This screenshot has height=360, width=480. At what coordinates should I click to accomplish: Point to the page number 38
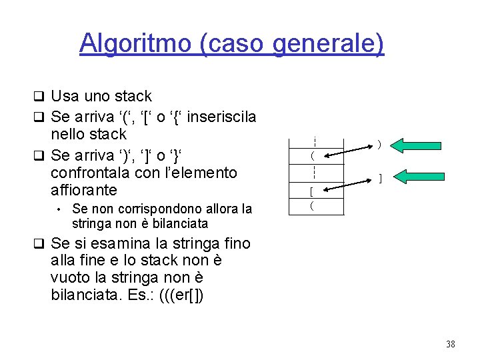450,343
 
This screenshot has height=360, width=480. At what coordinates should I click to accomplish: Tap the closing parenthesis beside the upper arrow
379,144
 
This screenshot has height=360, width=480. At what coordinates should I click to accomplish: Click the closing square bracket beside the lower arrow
379,179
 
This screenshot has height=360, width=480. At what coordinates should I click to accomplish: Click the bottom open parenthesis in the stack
311,207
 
